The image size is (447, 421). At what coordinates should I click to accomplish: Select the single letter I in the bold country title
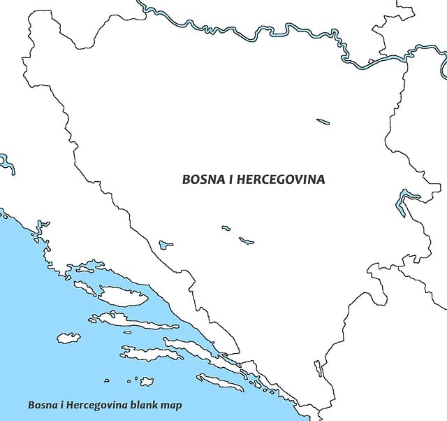click(x=231, y=180)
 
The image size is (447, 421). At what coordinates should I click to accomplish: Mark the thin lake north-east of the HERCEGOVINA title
click(x=323, y=122)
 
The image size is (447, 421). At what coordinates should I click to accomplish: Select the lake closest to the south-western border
click(x=166, y=245)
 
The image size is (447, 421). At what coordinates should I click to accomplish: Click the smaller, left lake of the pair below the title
click(x=226, y=227)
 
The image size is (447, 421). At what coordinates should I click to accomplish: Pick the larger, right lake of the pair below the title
click(x=246, y=241)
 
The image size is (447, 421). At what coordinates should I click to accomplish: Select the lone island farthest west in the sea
click(x=68, y=338)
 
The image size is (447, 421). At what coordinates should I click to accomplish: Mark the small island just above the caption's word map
click(x=147, y=381)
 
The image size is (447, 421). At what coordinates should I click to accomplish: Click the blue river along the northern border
click(x=279, y=32)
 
